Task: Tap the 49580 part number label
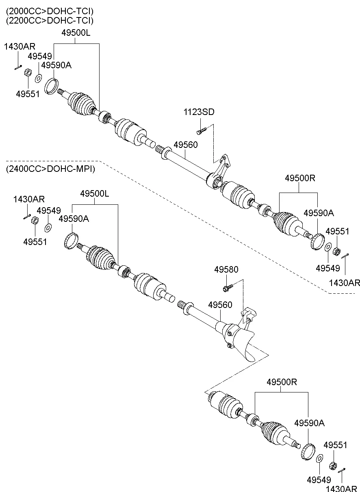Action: pyautogui.click(x=226, y=269)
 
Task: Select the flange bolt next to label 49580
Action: pyautogui.click(x=228, y=288)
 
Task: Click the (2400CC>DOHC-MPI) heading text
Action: pyautogui.click(x=50, y=169)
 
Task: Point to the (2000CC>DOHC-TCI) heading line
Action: pyautogui.click(x=50, y=11)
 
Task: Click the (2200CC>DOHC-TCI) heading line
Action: pyautogui.click(x=50, y=20)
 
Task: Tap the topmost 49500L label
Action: pyautogui.click(x=76, y=34)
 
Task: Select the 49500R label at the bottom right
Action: pyautogui.click(x=282, y=382)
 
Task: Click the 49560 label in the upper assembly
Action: pyautogui.click(x=186, y=145)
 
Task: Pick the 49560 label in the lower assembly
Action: pyautogui.click(x=220, y=304)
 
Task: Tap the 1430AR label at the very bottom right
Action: pyautogui.click(x=343, y=488)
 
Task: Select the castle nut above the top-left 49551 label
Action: pyautogui.click(x=28, y=73)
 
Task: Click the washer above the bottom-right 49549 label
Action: pyautogui.click(x=320, y=458)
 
